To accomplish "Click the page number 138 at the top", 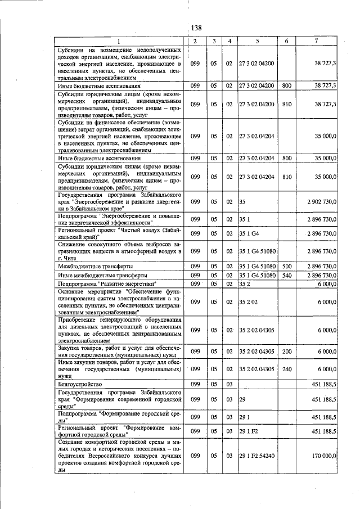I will [x=196, y=28].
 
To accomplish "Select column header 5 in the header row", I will [x=256, y=41].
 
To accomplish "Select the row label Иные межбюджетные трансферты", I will [x=95, y=276].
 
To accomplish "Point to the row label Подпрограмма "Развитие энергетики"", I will [x=107, y=285].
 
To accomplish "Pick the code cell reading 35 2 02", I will [x=248, y=301].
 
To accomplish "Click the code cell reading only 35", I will [x=242, y=201].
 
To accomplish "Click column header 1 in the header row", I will [x=119, y=41].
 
